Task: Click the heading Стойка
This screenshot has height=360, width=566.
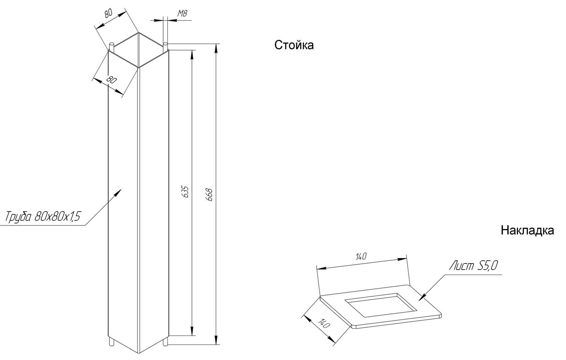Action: pos(294,45)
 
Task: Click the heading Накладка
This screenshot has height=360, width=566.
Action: pos(527,230)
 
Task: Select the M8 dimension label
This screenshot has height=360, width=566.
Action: pos(182,13)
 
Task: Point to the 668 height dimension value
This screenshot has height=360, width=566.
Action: pos(210,194)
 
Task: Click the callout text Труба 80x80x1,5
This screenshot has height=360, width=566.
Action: pos(43,216)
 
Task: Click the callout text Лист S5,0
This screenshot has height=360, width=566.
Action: pos(473,266)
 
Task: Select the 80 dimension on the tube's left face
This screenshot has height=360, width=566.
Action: pos(111,80)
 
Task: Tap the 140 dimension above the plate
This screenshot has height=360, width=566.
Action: pos(361,257)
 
